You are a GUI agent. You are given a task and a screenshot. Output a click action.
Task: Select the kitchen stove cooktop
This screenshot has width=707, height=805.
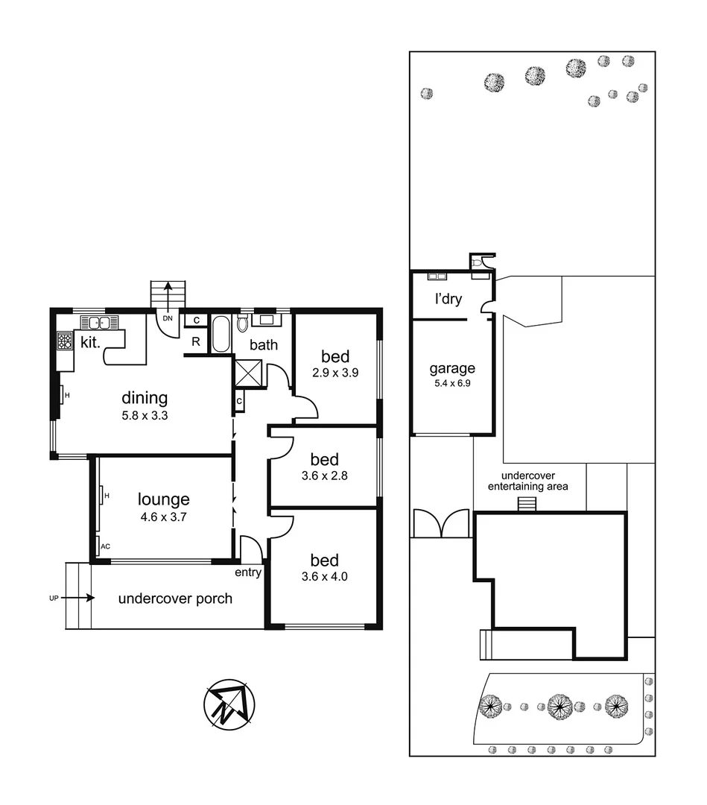[x=64, y=342]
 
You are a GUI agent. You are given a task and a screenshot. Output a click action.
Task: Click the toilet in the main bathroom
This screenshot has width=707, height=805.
[x=242, y=324]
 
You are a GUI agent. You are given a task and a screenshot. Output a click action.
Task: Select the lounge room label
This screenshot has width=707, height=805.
[x=163, y=499]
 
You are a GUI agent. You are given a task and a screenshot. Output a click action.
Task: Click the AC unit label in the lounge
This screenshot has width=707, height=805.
[x=105, y=546]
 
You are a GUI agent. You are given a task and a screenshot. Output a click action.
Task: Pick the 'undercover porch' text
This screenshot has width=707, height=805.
[x=175, y=599]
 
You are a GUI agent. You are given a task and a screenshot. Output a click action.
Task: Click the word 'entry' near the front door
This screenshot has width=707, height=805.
[x=248, y=572]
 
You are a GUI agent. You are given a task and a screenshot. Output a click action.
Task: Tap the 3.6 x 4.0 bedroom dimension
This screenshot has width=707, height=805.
[x=324, y=576]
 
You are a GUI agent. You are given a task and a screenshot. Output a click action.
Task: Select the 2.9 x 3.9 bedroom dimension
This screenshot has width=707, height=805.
[x=335, y=373]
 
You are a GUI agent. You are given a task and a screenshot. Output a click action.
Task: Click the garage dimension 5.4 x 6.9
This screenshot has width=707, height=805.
[x=451, y=385]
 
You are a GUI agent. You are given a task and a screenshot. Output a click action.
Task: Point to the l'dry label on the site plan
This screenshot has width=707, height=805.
[x=448, y=300]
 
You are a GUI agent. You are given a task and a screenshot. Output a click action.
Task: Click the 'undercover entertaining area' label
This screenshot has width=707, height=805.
[x=527, y=481]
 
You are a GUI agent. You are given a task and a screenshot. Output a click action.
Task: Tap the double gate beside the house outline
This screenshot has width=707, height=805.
[x=441, y=524]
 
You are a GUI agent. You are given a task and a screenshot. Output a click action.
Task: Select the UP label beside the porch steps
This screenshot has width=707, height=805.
[x=54, y=598]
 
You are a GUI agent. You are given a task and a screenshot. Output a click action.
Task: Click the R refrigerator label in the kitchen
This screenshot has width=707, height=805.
[x=195, y=341]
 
